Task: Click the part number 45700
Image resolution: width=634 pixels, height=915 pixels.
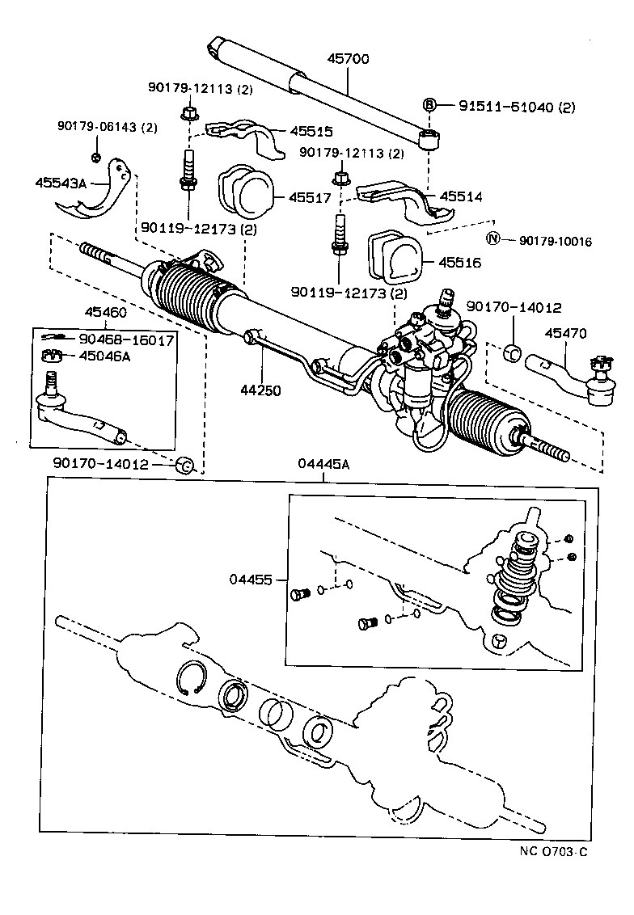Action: [349, 60]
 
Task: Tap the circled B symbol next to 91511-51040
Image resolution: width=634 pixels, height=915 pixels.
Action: [429, 105]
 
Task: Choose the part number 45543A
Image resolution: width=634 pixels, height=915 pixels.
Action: [61, 183]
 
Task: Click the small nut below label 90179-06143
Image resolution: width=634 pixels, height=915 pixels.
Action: [95, 155]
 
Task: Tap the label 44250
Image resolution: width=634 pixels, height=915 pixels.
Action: [260, 390]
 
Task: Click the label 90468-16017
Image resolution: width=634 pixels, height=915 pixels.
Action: [126, 340]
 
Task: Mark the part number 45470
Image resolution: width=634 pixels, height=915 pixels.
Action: [565, 332]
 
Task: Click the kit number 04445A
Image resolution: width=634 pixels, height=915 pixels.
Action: [323, 463]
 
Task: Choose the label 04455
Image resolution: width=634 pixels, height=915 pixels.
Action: [251, 580]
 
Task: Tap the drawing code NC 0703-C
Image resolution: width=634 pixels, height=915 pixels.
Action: [553, 851]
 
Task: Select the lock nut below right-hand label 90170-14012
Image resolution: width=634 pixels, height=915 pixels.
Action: [512, 352]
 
